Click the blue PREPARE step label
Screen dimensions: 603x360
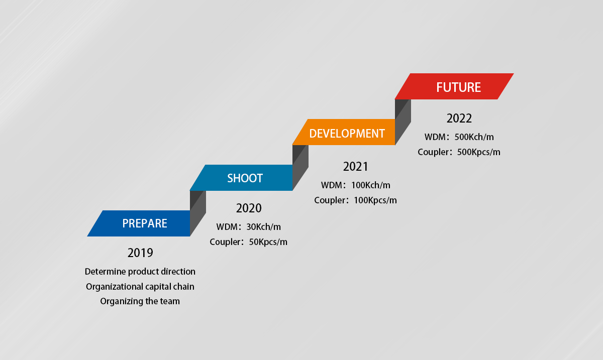(145, 223)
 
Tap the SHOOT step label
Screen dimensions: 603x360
(245, 178)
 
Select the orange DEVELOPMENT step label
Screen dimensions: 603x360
(347, 134)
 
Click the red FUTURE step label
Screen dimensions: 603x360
(458, 87)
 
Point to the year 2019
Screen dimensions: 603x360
(140, 253)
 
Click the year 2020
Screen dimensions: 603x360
(249, 208)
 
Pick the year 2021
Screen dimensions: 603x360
(355, 167)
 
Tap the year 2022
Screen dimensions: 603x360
(459, 118)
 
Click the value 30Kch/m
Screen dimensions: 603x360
(263, 227)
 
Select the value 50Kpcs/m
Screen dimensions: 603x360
(268, 242)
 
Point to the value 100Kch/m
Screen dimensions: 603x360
(371, 185)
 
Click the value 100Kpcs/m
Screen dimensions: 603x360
(375, 200)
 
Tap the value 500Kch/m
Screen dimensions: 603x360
(474, 137)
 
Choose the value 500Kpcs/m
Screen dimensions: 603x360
(478, 152)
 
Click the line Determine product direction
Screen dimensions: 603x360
(140, 272)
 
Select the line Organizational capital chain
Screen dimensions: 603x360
(140, 287)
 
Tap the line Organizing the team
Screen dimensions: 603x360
(140, 301)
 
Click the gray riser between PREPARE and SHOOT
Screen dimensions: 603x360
(198, 213)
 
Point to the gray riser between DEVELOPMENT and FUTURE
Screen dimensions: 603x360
(403, 122)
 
